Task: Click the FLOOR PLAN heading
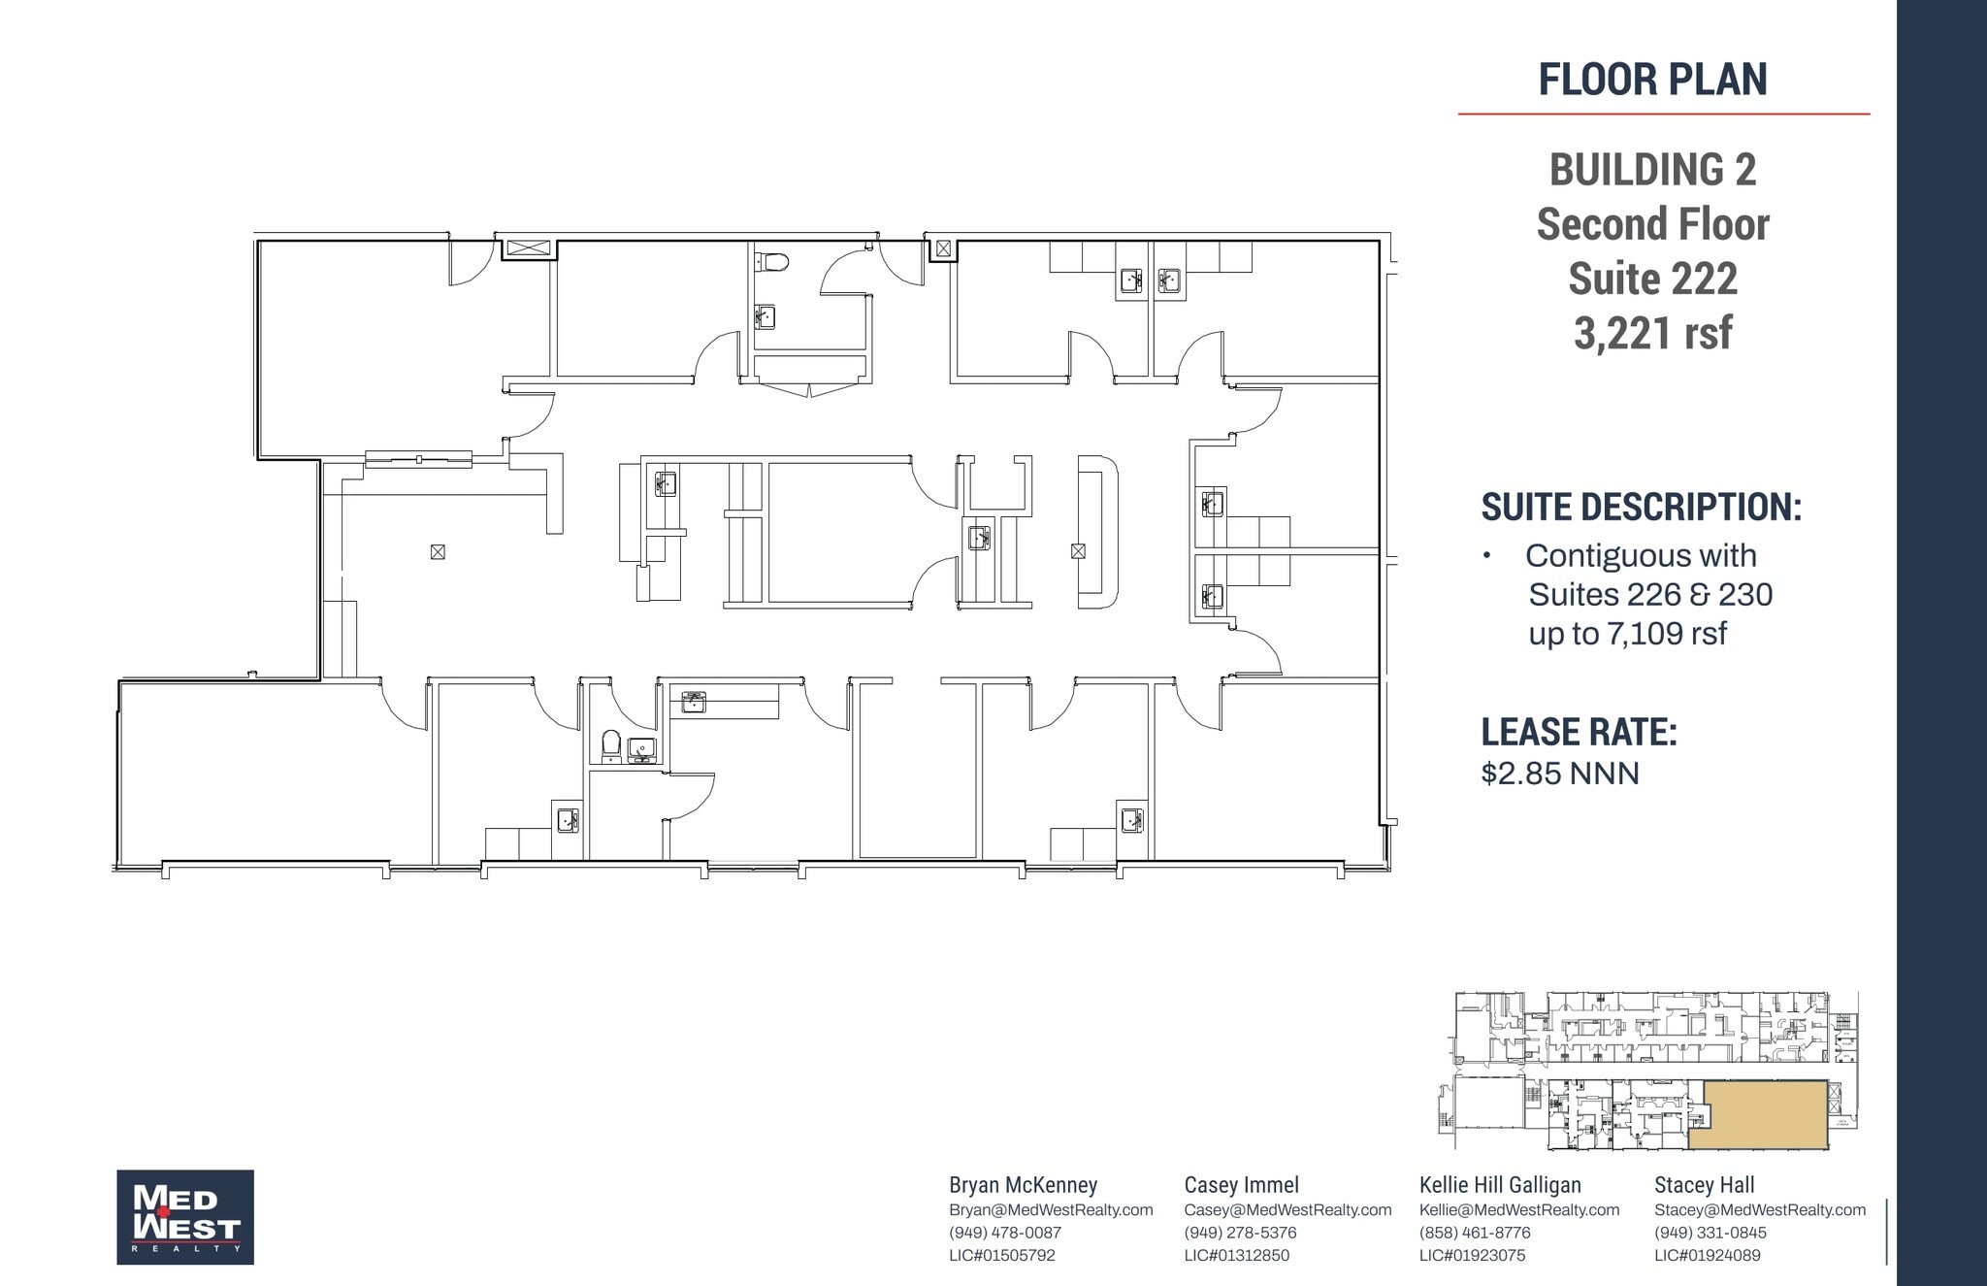[x=1652, y=80]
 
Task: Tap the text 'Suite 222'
[x=1652, y=279]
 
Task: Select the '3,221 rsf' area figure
[x=1652, y=333]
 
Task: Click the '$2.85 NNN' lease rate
[x=1560, y=774]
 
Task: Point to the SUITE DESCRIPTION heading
[x=1641, y=507]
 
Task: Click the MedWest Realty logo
[x=185, y=1217]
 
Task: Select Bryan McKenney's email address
[x=1051, y=1210]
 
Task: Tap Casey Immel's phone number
[x=1240, y=1233]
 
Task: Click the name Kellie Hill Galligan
[x=1500, y=1185]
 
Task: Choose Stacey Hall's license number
[x=1708, y=1255]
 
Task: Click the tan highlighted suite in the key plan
[x=1759, y=1115]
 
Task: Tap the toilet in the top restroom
[x=773, y=261]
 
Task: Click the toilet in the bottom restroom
[x=611, y=744]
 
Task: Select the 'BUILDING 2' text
[x=1652, y=170]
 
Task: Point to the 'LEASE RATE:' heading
[x=1579, y=732]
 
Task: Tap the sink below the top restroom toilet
[x=765, y=316]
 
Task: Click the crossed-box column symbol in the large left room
[x=438, y=552]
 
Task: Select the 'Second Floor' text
[x=1652, y=224]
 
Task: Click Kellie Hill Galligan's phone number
[x=1475, y=1233]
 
